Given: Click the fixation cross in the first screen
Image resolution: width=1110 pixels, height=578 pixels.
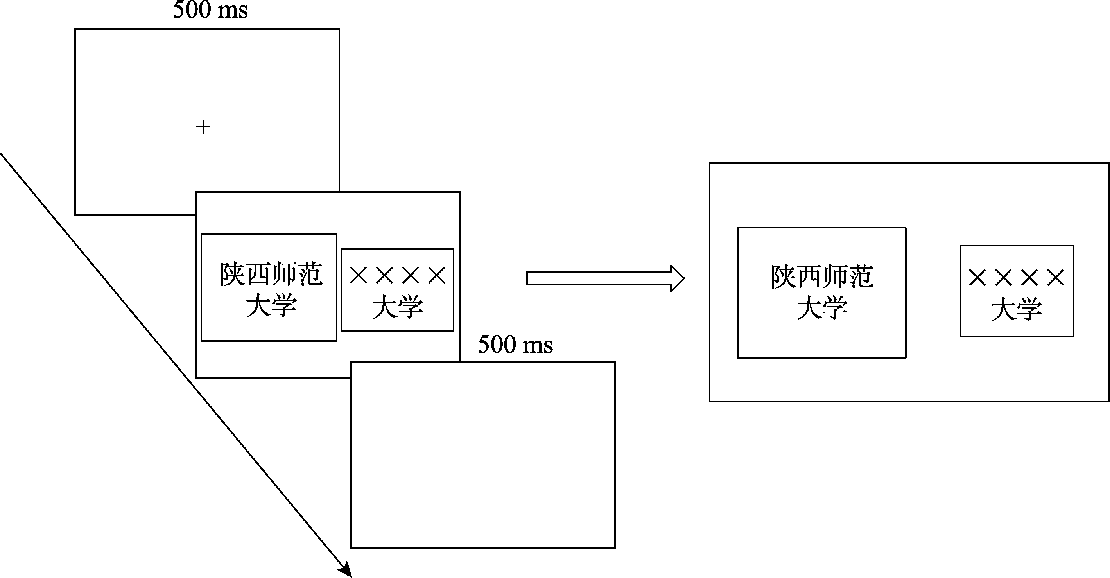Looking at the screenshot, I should (x=203, y=127).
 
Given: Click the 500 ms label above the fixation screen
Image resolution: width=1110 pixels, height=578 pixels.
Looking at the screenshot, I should (x=210, y=10).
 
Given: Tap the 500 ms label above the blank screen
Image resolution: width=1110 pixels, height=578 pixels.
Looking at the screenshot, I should (x=515, y=345).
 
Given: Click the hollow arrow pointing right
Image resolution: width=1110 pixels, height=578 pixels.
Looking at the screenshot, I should (x=605, y=278).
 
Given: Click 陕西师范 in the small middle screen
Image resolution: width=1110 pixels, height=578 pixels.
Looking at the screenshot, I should (x=271, y=274).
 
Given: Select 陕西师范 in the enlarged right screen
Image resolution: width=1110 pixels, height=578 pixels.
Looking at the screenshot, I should (x=822, y=277).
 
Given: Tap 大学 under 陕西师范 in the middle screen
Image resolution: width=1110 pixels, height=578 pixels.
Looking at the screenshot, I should (x=271, y=305).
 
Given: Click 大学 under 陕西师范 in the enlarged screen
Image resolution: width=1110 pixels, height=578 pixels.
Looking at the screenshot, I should (x=822, y=309).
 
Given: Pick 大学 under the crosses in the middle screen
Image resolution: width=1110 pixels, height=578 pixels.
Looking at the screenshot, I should (x=397, y=307).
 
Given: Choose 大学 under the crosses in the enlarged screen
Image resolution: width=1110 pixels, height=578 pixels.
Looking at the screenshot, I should (x=1016, y=309).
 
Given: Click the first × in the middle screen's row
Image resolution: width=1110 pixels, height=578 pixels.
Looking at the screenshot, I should (x=359, y=275).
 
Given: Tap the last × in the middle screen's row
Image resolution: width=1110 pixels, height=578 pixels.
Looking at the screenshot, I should (x=437, y=275).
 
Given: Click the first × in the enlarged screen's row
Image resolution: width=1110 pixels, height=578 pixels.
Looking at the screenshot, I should (x=977, y=278).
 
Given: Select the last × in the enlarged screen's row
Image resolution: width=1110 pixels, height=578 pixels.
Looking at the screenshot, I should (x=1055, y=278).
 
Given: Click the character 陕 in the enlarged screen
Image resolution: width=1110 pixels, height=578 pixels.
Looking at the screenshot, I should (x=784, y=277).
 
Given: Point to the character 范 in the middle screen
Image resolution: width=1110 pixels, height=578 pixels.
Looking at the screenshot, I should (x=310, y=274).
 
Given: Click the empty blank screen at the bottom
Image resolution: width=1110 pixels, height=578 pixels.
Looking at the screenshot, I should (x=482, y=455).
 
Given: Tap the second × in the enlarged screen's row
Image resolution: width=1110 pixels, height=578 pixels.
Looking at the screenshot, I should (x=1003, y=278).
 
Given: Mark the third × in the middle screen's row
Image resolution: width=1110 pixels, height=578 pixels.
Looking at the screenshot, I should (x=411, y=275).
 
